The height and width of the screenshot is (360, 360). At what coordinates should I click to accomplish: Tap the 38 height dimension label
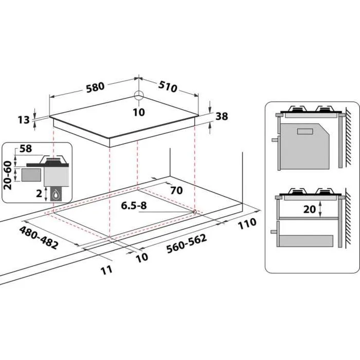221,116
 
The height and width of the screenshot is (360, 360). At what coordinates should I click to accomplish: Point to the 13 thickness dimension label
23,120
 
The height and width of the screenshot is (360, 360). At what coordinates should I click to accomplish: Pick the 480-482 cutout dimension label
39,237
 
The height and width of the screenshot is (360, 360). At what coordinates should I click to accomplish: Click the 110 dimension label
247,223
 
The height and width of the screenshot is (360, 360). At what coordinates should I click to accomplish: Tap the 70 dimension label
176,190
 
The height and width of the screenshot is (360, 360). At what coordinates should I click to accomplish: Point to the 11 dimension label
106,269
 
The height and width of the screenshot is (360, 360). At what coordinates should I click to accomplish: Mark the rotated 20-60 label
8,175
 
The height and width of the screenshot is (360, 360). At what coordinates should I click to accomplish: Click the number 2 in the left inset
38,193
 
